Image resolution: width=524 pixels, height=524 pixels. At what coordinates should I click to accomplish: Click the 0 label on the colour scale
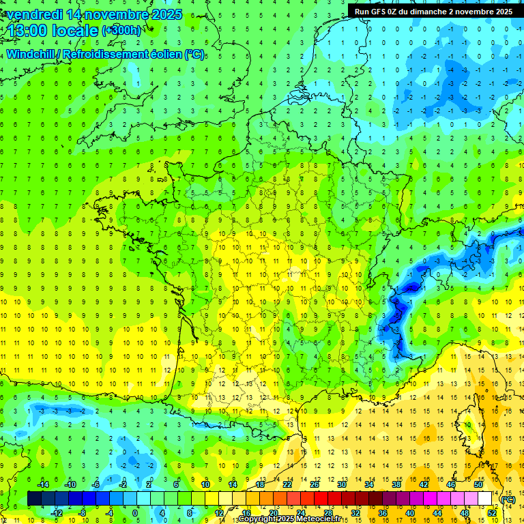point(135,513)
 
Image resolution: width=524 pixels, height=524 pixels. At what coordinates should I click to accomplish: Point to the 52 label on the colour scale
point(491,513)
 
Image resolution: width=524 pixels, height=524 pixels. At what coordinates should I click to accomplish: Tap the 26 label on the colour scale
point(315,484)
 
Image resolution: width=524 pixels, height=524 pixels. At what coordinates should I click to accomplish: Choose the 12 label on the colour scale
point(218,513)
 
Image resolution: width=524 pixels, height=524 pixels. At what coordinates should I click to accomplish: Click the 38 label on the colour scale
point(396,484)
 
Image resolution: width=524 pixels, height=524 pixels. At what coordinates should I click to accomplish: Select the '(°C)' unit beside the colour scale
point(508,499)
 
